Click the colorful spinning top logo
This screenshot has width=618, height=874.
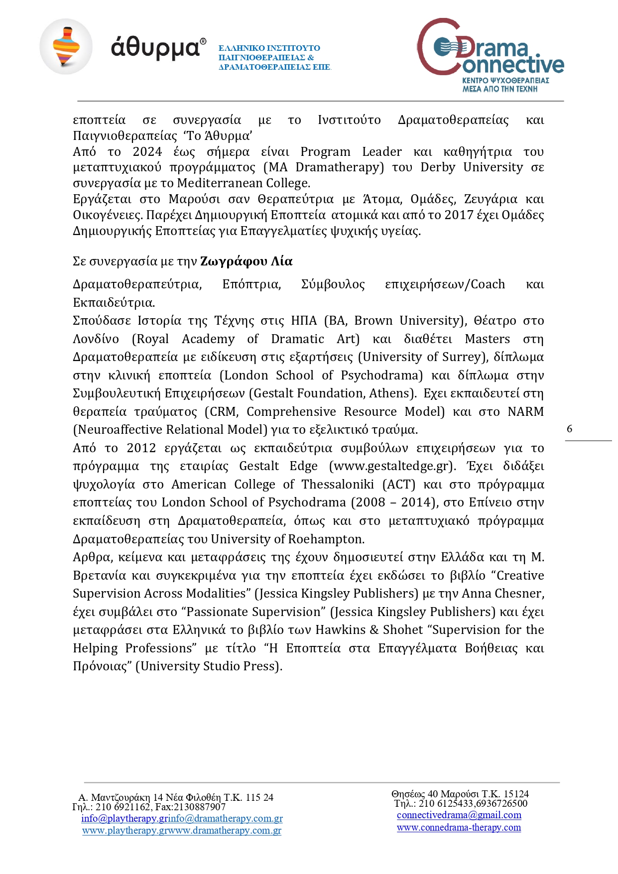tap(66, 47)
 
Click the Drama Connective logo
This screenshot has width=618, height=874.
tap(490, 55)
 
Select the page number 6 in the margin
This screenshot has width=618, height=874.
tap(570, 429)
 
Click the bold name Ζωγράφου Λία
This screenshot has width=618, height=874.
tap(246, 261)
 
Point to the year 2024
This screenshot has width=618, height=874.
tap(147, 152)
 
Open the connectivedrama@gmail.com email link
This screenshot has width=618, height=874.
tap(459, 815)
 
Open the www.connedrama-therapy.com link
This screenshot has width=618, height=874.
tap(459, 828)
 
